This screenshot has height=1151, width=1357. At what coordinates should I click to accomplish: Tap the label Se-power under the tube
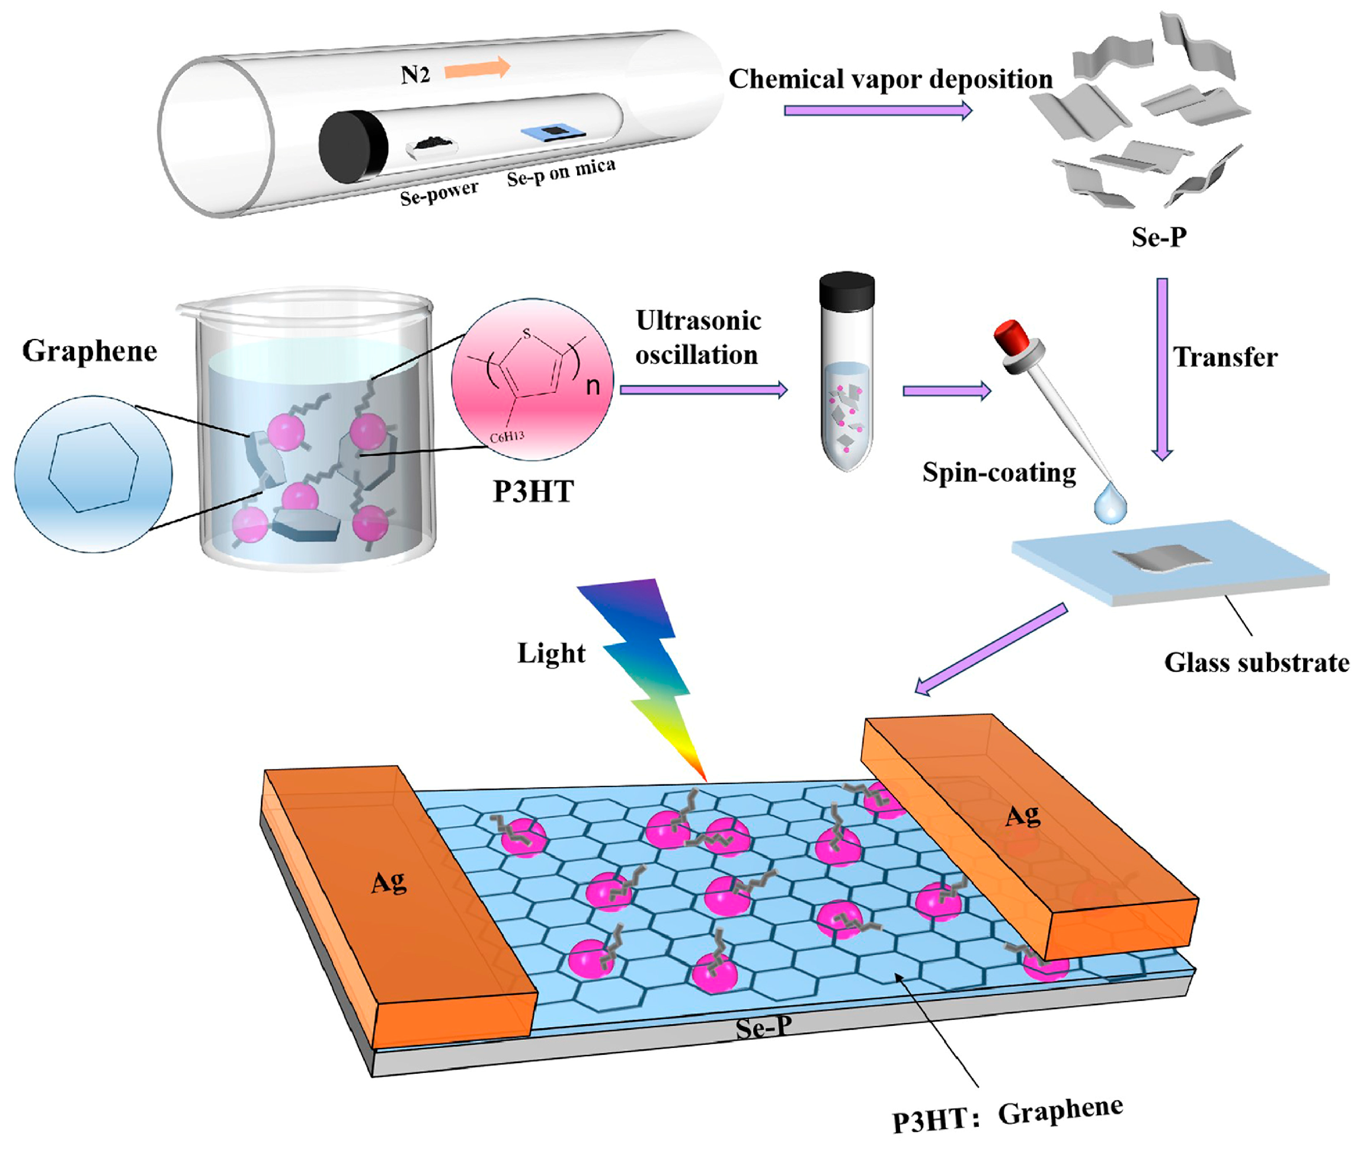coord(439,193)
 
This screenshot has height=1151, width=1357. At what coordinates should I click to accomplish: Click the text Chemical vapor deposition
coord(890,79)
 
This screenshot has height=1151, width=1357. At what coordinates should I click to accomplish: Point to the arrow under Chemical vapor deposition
coord(878,110)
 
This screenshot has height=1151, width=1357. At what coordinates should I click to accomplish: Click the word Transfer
coord(1225,357)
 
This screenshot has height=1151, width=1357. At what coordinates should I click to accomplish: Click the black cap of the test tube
coord(847,291)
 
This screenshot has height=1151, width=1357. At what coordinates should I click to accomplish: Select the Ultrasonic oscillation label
coord(697,337)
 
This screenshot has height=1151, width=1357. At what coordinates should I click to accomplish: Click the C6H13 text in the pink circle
coord(507,436)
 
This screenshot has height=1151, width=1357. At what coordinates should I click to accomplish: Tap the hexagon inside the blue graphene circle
coord(93,466)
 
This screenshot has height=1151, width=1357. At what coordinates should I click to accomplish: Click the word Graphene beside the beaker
coord(89,351)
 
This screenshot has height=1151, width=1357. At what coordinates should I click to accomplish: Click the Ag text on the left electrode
coord(389,882)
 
